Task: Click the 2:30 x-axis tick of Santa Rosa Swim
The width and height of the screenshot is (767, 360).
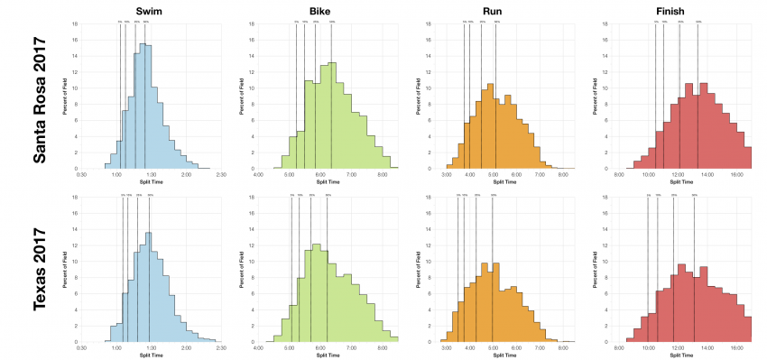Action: pyautogui.click(x=220, y=175)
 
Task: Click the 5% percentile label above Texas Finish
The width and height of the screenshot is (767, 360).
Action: pyautogui.click(x=648, y=194)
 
